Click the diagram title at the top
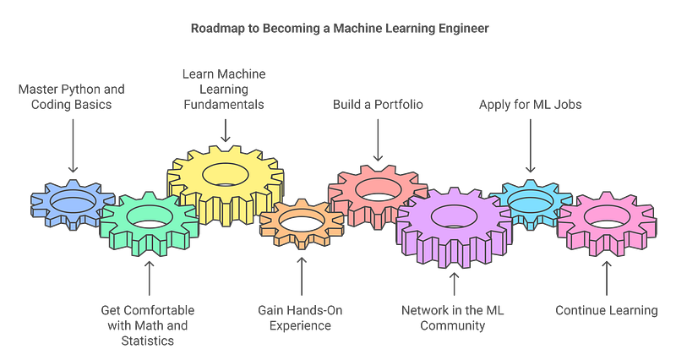point(338,28)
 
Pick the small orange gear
point(296,224)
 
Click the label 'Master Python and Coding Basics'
point(72,95)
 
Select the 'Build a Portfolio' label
point(378,104)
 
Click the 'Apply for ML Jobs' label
point(531,104)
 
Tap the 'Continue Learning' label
point(606,310)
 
